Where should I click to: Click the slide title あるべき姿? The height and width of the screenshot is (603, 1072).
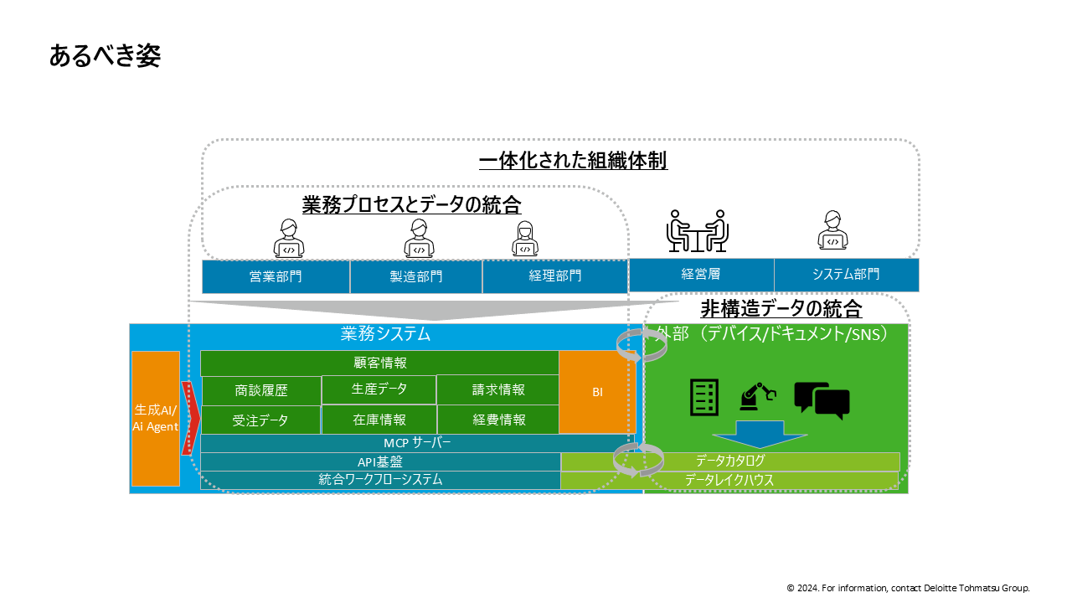point(105,56)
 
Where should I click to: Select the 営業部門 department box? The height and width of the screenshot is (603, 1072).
point(276,276)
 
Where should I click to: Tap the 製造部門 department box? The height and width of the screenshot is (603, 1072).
point(416,276)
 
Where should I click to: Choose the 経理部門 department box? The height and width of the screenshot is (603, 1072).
point(554,276)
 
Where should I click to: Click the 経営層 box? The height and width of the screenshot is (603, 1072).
point(701,274)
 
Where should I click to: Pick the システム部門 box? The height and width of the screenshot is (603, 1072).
point(846,274)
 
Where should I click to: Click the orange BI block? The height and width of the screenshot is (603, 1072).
point(597,392)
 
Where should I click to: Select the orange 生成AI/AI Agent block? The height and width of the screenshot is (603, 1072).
point(156,418)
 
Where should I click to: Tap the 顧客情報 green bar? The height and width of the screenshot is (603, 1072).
point(379,363)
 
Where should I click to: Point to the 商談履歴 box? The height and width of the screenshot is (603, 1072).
point(261,390)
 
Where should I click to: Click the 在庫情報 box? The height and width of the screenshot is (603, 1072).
point(379,420)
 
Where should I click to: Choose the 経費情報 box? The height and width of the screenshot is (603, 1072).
point(499,420)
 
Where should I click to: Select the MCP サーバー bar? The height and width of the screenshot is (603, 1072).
point(416,443)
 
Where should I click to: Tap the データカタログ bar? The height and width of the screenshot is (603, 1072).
point(730,461)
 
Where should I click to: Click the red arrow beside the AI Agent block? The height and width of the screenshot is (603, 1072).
point(190,418)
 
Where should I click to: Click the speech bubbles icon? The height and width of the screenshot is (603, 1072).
point(822,400)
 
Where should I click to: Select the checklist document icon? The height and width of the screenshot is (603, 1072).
point(703,397)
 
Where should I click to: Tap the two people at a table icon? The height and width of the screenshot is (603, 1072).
point(697,231)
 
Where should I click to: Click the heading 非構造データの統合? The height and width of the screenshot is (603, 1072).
point(781,309)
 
